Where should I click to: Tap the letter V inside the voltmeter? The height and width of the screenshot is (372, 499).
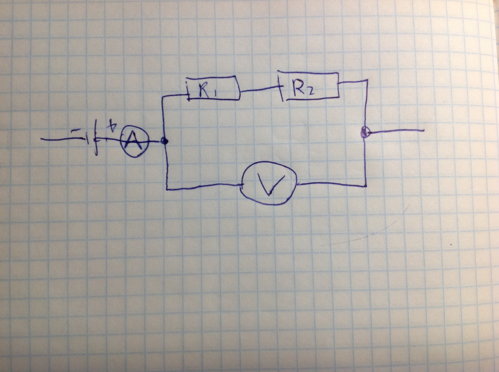pos(270,184)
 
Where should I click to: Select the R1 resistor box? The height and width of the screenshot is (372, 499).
pos(212,88)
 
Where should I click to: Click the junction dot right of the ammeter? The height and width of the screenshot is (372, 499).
pos(164,142)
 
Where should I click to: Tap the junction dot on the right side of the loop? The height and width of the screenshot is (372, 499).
pos(365,132)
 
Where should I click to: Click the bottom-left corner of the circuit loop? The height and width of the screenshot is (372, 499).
pos(167,189)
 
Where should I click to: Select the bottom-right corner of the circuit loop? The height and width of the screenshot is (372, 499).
pos(366,186)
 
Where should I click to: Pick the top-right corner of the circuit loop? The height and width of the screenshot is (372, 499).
pos(367,81)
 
